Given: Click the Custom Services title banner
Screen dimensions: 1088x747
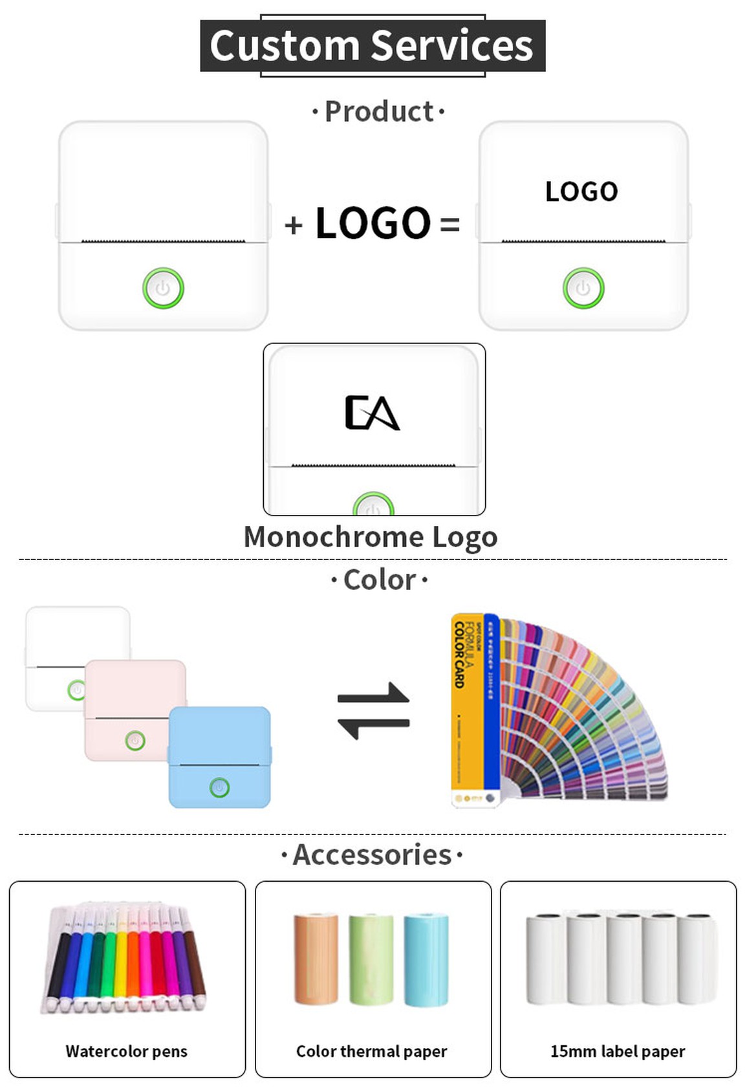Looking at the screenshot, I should coord(372,45).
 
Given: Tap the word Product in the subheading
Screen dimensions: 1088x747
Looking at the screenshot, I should coord(379,112).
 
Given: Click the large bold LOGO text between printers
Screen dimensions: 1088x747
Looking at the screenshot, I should coord(373,223).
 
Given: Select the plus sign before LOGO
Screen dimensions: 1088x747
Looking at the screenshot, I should coord(294,225).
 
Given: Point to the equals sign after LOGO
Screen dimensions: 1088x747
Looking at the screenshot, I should coord(449,225).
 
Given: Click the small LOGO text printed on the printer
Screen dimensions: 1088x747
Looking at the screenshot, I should coord(581,191).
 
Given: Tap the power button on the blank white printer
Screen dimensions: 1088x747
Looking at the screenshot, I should coord(163,288).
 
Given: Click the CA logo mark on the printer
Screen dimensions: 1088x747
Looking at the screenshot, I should coord(372,413).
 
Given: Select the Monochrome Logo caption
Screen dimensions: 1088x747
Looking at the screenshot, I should coord(371,537).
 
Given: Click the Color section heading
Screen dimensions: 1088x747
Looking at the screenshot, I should coord(379,580).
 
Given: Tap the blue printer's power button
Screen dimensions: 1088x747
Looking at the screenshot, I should coord(220,787).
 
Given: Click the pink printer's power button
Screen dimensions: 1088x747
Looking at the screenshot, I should coord(135,740).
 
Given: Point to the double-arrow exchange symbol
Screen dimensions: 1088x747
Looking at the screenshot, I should coord(373,711).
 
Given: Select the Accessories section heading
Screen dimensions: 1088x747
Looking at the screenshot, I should coord(372,855).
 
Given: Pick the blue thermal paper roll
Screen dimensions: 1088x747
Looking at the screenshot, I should coord(426,960).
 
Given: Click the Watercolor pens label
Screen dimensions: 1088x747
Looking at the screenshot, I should coord(127,1051).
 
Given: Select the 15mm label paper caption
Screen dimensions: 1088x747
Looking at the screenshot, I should coord(618,1051).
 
